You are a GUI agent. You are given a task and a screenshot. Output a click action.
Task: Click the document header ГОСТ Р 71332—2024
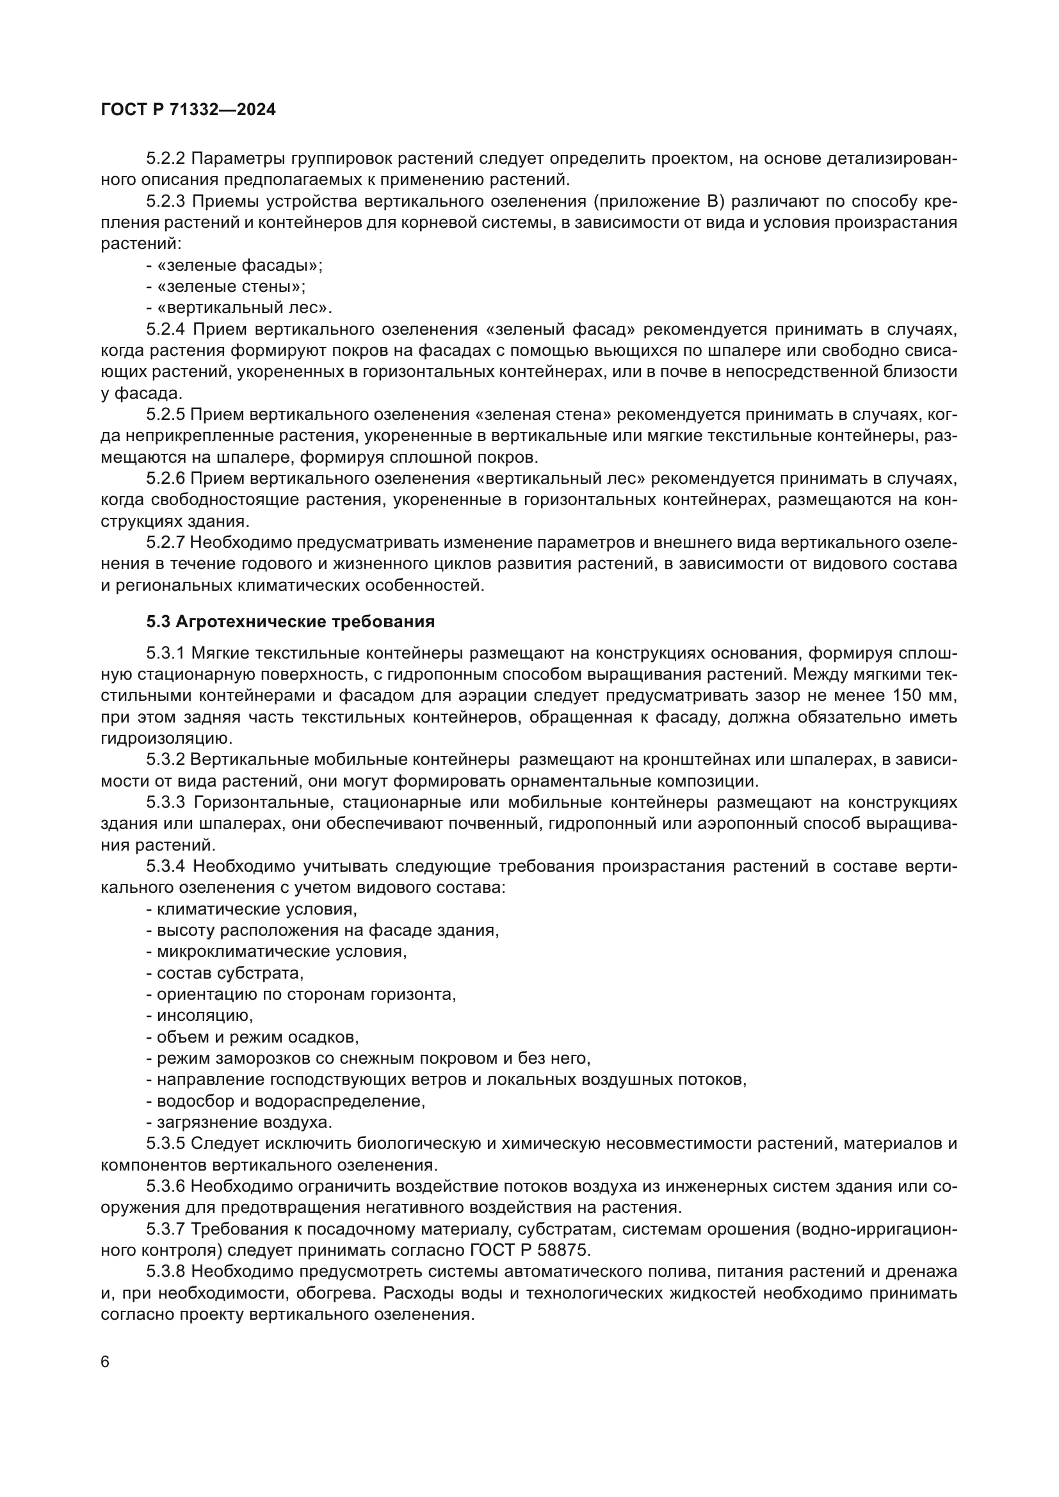coord(188,110)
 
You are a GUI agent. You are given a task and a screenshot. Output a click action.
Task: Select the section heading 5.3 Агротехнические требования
coord(290,621)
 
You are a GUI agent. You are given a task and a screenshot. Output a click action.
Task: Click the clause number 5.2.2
coord(166,159)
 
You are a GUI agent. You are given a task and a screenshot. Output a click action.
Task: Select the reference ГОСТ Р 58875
coord(529,1251)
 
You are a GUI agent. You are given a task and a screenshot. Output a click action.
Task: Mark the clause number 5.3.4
coord(166,867)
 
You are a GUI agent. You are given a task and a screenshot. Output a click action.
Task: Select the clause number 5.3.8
coord(166,1272)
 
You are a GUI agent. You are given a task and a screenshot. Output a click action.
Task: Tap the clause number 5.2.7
coord(166,543)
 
